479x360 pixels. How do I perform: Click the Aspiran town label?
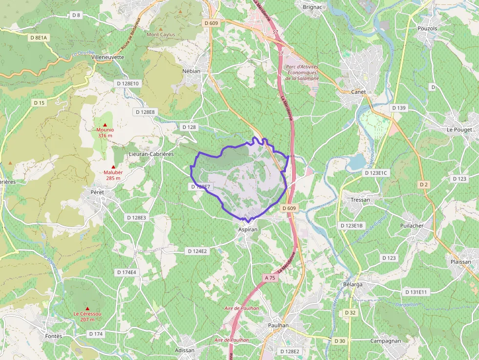(247, 229)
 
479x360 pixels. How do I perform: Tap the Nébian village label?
(191, 71)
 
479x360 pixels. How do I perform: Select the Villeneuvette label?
(108, 57)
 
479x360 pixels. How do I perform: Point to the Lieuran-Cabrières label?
(151, 154)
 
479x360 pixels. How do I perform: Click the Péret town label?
(98, 192)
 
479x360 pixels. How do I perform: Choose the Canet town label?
(358, 92)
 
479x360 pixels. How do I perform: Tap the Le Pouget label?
(459, 130)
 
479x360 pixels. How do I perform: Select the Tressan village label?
(360, 200)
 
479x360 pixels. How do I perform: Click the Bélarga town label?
(353, 284)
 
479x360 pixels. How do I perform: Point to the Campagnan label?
(386, 340)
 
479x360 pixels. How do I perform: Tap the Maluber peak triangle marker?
(113, 167)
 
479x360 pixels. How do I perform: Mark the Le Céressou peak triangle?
(87, 308)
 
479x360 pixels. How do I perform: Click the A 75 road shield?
(270, 277)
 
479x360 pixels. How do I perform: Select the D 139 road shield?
(399, 108)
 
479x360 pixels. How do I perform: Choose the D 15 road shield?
(39, 103)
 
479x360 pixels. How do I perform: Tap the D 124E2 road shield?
(197, 251)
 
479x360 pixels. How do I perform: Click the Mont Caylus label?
(161, 35)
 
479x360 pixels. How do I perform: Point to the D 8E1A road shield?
(38, 37)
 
